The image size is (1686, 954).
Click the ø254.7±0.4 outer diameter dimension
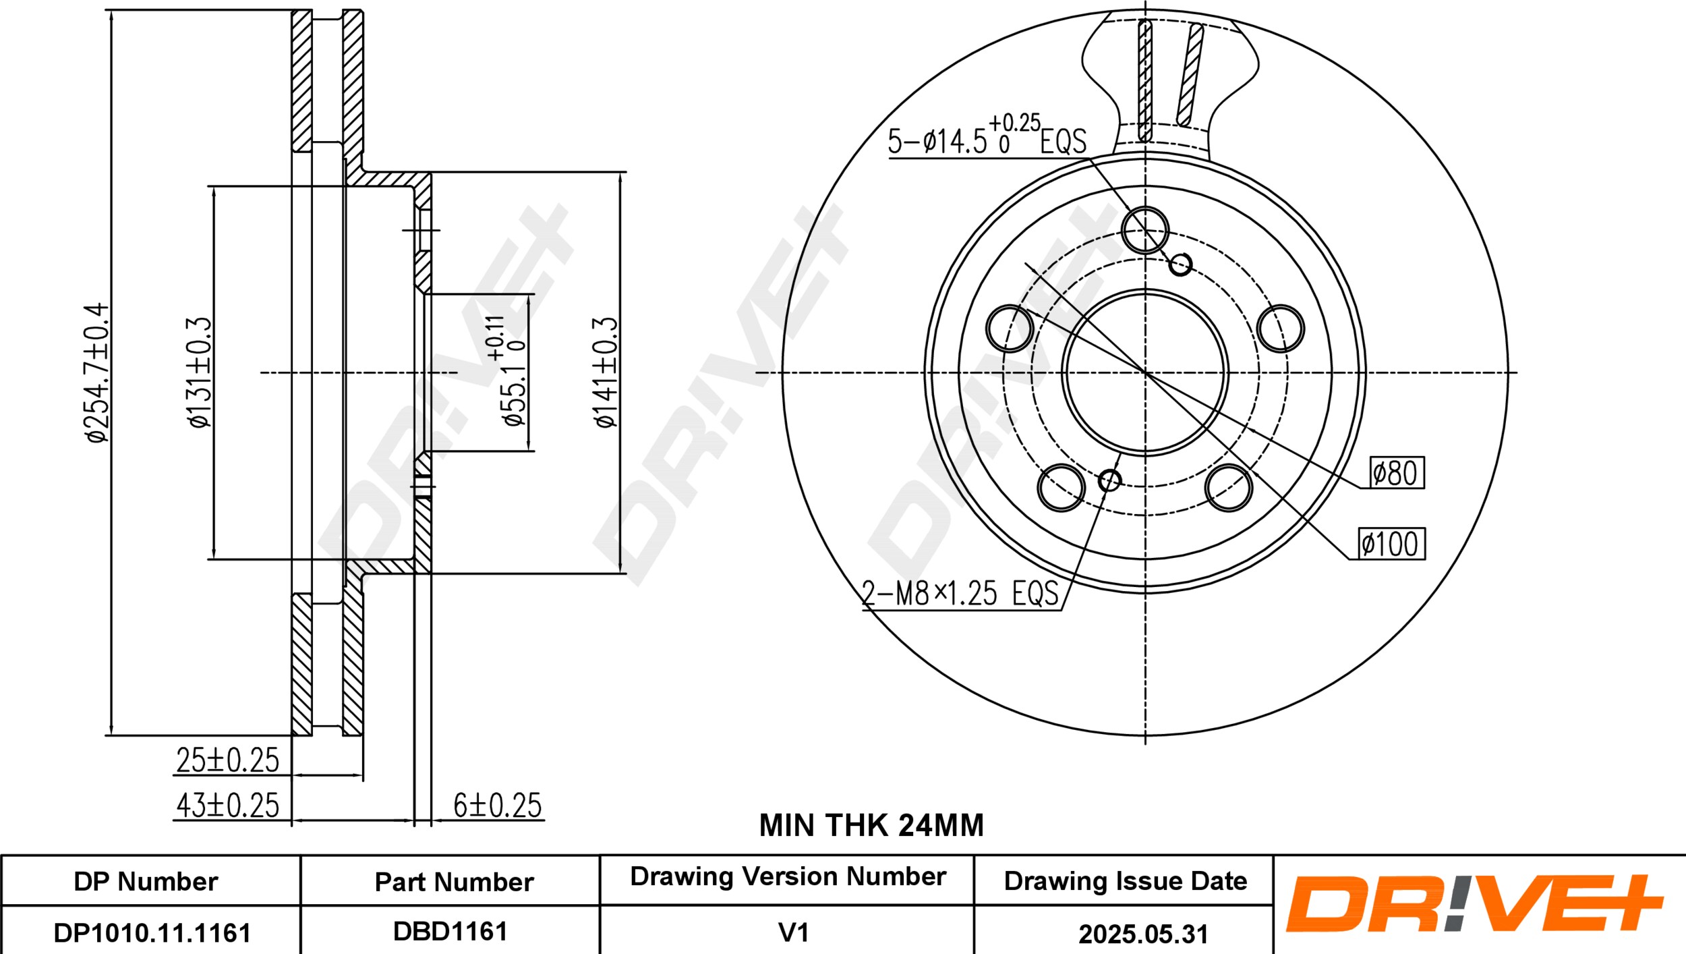coord(96,372)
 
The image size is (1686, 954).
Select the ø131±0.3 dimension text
coord(200,372)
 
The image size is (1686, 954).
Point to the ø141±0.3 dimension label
coord(606,372)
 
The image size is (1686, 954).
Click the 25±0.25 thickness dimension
coord(227,760)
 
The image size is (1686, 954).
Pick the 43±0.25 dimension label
coord(227,805)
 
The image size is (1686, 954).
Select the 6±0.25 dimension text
coord(498,805)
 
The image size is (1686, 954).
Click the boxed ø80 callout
coord(1397,472)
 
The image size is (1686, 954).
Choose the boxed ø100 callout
coord(1390,543)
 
